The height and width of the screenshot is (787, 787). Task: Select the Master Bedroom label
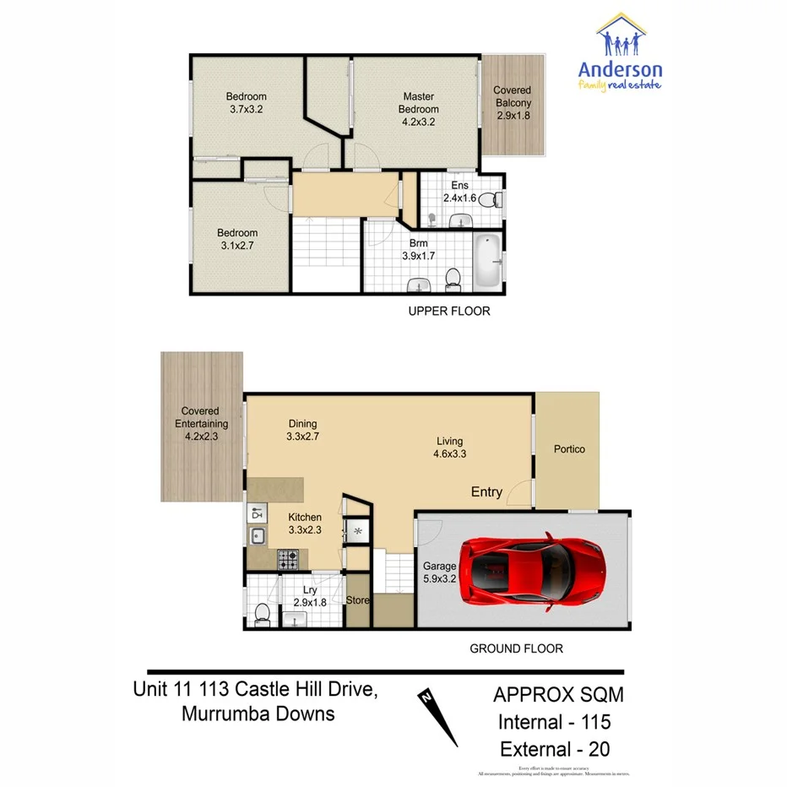click(419, 109)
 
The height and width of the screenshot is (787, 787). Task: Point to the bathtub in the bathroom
click(487, 262)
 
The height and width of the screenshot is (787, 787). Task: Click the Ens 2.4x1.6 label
click(460, 193)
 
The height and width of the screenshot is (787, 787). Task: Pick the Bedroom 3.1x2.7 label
click(237, 239)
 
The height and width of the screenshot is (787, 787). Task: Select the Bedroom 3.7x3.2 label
click(247, 102)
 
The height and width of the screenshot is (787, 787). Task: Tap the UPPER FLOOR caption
click(449, 312)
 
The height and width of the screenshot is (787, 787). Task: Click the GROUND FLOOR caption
click(516, 649)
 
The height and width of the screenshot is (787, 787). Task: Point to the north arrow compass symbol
click(438, 718)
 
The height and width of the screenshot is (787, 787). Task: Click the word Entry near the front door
click(486, 491)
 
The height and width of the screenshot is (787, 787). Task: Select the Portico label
click(569, 449)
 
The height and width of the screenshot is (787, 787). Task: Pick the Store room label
click(358, 600)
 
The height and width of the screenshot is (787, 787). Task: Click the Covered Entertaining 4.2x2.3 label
click(202, 424)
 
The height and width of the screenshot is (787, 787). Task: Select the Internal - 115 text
click(552, 722)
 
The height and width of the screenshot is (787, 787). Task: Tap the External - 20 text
click(555, 748)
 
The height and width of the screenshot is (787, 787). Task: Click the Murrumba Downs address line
click(258, 714)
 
